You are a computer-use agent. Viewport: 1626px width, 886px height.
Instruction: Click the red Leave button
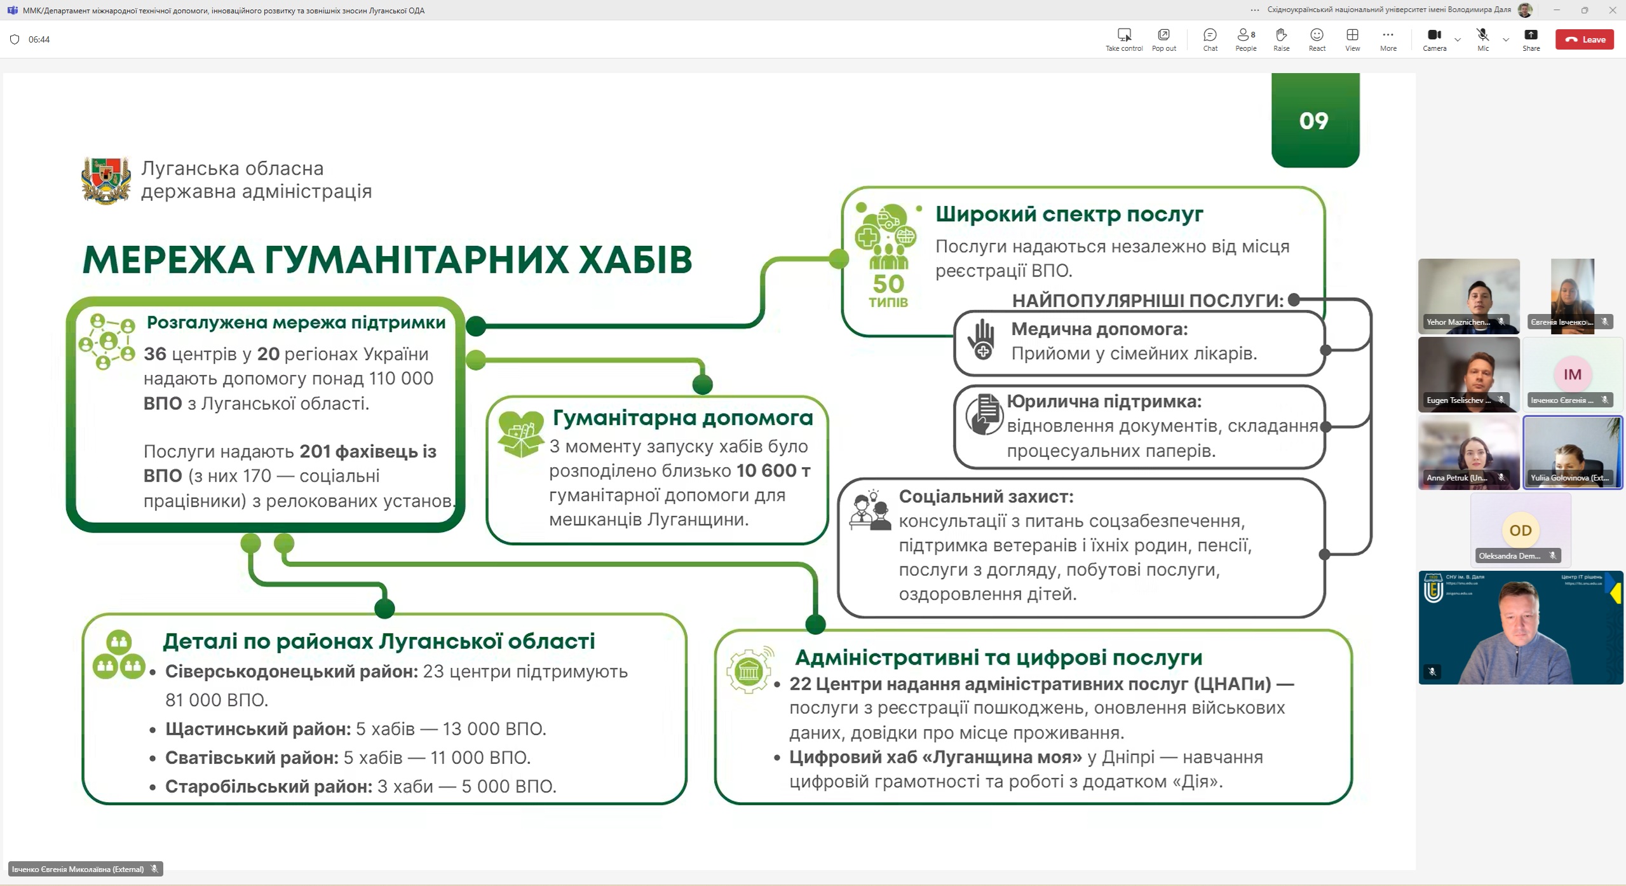click(x=1585, y=39)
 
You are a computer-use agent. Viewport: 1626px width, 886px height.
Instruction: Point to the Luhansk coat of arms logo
click(x=106, y=181)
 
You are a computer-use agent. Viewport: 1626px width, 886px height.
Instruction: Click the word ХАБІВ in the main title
click(x=635, y=260)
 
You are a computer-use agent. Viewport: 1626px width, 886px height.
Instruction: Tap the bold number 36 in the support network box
click(x=154, y=354)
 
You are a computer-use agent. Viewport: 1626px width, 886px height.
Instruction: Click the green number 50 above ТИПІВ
click(x=888, y=283)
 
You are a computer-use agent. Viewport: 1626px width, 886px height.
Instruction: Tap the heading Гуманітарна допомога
click(x=682, y=418)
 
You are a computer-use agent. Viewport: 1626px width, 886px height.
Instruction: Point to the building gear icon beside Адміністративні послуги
click(x=749, y=670)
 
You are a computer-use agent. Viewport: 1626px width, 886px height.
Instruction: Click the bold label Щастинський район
click(x=258, y=729)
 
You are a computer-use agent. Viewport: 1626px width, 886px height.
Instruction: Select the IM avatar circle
click(x=1572, y=374)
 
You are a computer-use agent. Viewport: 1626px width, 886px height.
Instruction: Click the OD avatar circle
click(x=1520, y=530)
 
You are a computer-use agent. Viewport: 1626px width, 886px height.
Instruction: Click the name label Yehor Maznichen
click(x=1458, y=322)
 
